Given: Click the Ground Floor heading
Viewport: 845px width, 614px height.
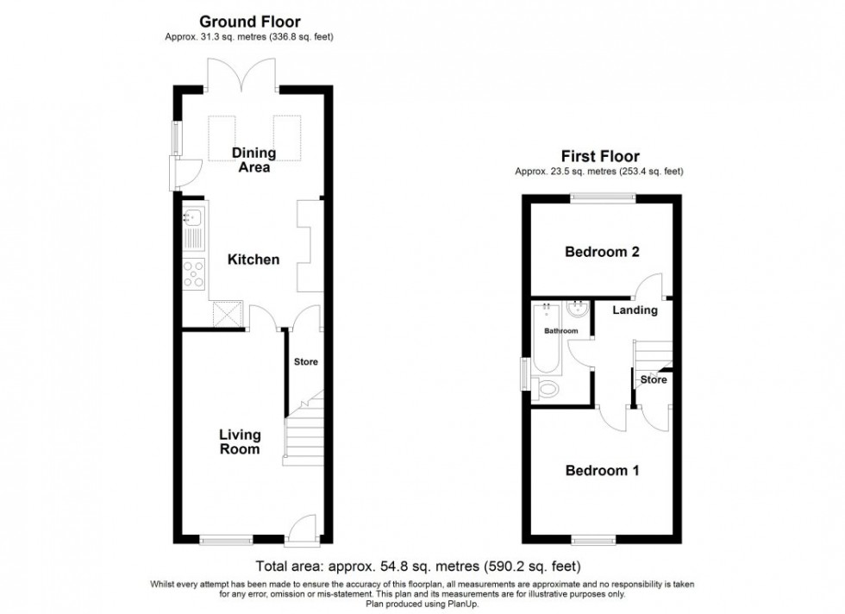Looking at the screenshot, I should click(x=250, y=21).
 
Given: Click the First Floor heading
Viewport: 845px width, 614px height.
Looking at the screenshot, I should click(x=600, y=156).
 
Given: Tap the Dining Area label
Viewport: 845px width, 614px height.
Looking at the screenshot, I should click(x=253, y=160).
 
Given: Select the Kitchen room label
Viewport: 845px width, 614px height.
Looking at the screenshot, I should click(x=253, y=260).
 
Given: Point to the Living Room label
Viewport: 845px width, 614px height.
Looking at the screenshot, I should click(x=240, y=442).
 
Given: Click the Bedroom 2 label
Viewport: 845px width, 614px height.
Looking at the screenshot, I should click(x=602, y=253).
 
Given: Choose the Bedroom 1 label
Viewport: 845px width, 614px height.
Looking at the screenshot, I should click(x=602, y=471).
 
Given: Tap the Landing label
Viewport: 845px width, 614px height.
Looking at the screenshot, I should click(x=635, y=310).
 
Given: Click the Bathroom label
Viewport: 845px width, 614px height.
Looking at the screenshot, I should click(x=560, y=330).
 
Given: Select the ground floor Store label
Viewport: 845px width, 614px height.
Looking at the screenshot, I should click(x=305, y=362).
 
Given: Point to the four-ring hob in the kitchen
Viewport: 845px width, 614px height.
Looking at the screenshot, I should click(x=194, y=273).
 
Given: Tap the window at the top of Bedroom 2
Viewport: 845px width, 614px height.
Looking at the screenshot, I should click(x=603, y=198).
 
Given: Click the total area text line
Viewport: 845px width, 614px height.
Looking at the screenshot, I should click(x=418, y=567).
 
